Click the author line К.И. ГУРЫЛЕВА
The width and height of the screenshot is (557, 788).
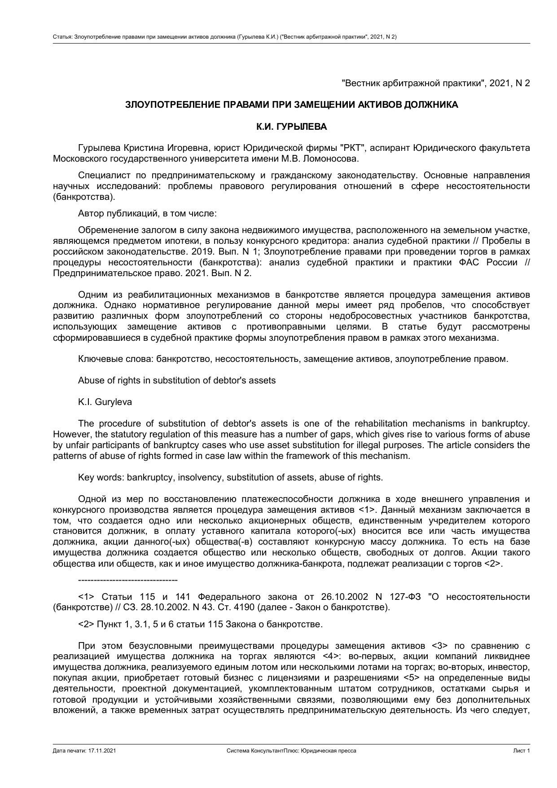291,127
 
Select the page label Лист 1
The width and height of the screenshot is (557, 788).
522,751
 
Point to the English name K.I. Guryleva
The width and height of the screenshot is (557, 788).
105,402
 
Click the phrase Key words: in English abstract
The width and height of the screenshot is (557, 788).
101,477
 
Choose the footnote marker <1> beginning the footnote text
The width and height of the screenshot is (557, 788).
86,597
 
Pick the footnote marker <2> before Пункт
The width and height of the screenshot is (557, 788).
86,624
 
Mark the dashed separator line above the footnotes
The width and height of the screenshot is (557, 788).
128,580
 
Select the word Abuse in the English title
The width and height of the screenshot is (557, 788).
89,380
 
